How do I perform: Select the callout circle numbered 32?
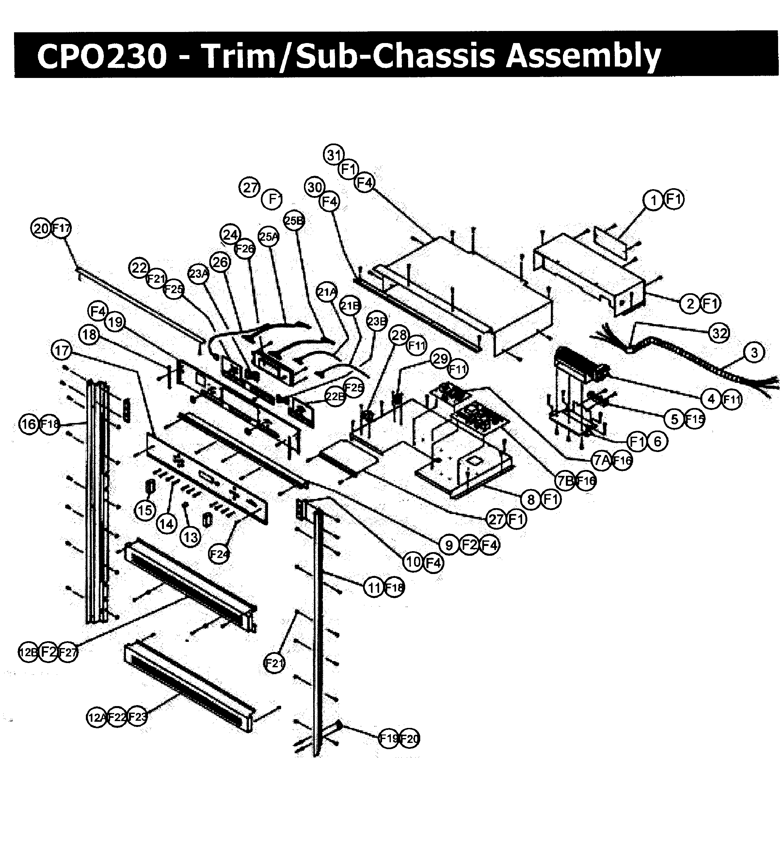tap(719, 334)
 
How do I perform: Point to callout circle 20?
tap(41, 229)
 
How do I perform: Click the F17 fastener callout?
tap(61, 229)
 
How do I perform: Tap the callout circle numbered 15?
tap(145, 510)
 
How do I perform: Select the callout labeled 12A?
tap(97, 717)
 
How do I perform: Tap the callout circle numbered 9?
tap(449, 545)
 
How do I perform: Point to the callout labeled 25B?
tap(294, 220)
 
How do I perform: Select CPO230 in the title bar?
tap(102, 55)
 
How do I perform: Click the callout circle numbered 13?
tap(190, 537)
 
